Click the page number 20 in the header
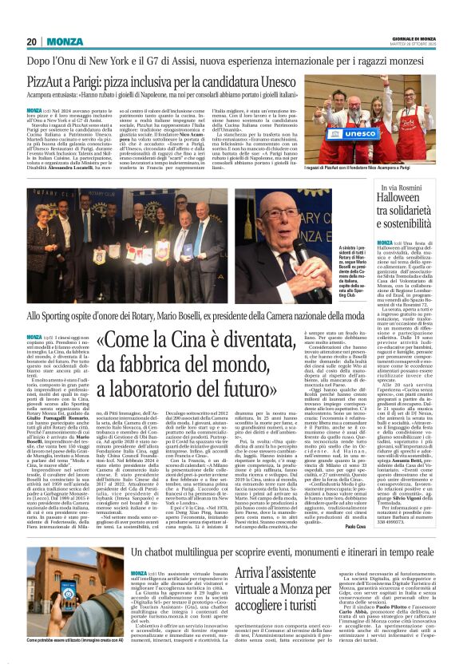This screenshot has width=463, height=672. tap(33, 42)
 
